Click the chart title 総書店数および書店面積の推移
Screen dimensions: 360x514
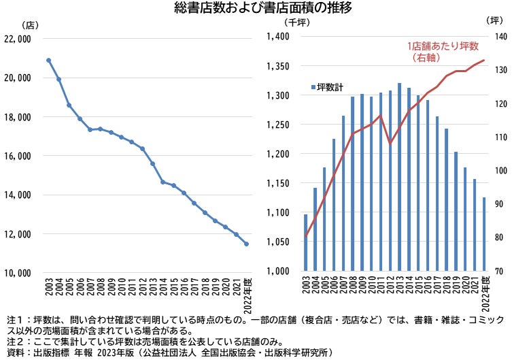(x=256, y=8)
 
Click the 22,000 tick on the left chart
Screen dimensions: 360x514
(x=18, y=39)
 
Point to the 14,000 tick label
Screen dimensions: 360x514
(x=18, y=195)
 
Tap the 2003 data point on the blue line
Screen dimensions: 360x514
(x=49, y=60)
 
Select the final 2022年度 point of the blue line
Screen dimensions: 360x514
(x=246, y=244)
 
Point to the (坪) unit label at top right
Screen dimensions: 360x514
(x=496, y=21)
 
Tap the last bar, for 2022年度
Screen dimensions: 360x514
(x=483, y=234)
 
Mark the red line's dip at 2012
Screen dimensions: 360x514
(x=390, y=144)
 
